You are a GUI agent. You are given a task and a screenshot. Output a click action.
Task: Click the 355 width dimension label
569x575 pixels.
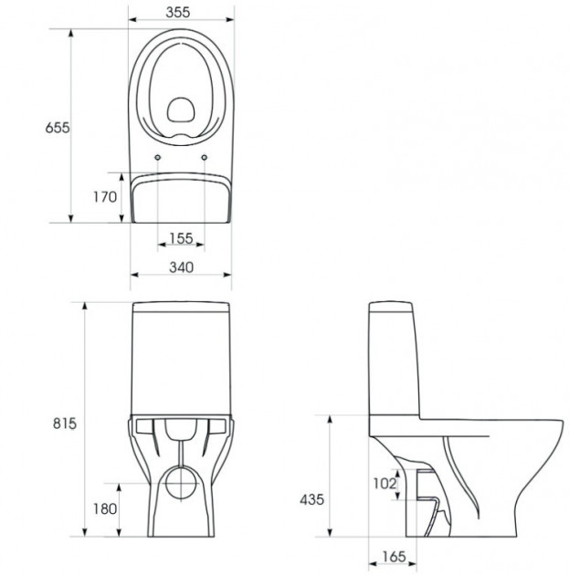click(x=178, y=12)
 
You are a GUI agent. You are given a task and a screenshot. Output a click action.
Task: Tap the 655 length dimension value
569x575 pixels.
click(x=58, y=128)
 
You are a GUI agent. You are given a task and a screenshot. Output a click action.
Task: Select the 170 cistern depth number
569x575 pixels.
click(x=104, y=197)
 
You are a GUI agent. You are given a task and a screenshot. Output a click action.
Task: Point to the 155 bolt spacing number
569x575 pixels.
click(x=181, y=239)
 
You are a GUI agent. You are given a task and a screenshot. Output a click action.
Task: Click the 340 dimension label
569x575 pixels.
click(x=181, y=267)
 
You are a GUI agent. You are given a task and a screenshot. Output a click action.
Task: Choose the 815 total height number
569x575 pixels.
click(x=65, y=423)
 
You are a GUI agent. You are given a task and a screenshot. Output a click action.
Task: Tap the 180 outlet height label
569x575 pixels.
click(x=105, y=508)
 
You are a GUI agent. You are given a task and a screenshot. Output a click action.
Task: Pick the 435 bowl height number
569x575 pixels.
click(x=311, y=499)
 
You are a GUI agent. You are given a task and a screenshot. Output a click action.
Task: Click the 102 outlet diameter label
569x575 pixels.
click(x=385, y=484)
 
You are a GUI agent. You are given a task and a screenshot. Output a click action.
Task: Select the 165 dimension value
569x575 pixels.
click(x=394, y=557)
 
